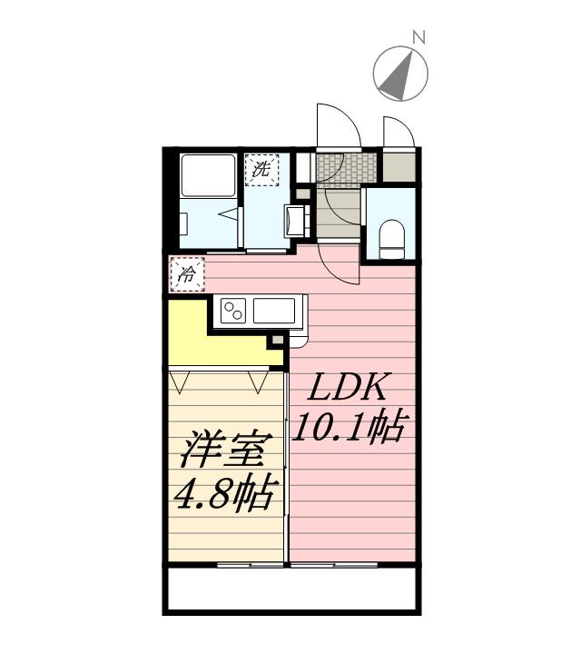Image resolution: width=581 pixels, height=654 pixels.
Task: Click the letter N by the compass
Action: tap(419, 38)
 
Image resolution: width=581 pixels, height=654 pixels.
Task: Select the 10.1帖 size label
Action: tap(348, 427)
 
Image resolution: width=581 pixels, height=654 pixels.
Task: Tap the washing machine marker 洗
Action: tap(261, 169)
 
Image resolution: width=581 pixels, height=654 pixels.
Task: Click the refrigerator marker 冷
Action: tap(188, 273)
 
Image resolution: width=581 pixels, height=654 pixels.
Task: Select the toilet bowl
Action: tap(391, 234)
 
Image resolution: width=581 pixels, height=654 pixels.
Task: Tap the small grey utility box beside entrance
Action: tap(397, 166)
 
